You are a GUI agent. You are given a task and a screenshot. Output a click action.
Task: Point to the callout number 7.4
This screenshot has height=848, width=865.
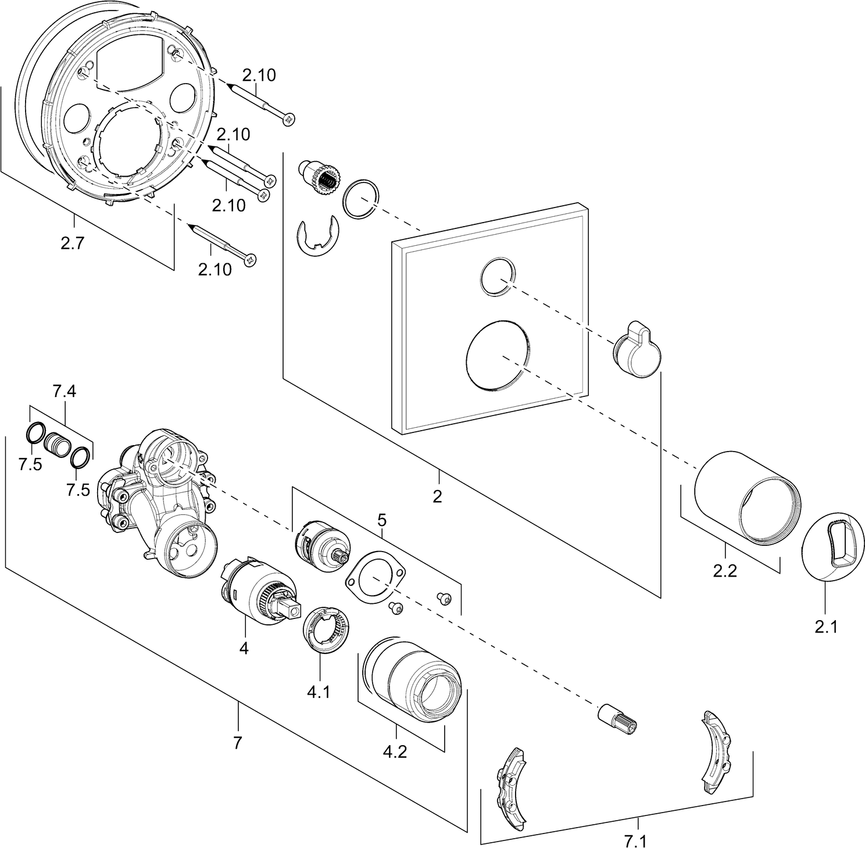(x=65, y=392)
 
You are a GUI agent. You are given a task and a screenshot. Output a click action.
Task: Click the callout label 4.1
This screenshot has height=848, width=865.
(x=318, y=692)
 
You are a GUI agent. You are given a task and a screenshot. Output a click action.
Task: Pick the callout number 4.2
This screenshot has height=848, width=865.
(x=395, y=752)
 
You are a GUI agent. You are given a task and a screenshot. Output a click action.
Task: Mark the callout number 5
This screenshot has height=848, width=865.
(x=381, y=518)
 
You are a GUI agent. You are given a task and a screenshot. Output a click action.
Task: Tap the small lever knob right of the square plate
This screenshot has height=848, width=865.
(x=637, y=349)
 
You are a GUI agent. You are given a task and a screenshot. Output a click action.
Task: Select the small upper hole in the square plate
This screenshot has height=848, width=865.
(x=497, y=275)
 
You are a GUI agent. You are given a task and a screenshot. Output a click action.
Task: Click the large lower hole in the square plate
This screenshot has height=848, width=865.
(x=498, y=355)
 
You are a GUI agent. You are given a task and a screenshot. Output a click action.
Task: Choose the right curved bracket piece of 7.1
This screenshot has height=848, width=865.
(x=716, y=754)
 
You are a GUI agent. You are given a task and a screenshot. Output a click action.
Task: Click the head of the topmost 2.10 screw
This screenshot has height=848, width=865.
(x=287, y=119)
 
